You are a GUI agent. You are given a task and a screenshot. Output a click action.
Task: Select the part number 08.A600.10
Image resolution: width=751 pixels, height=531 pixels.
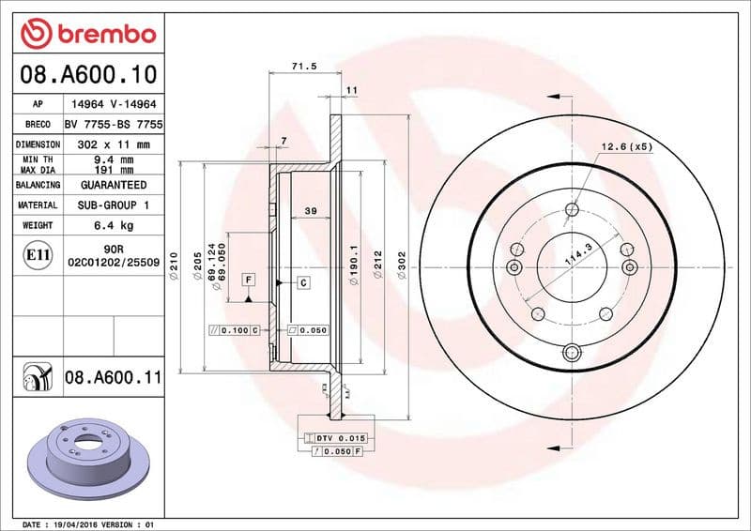tap(85, 73)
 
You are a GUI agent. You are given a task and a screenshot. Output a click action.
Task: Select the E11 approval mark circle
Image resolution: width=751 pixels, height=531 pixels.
tap(37, 254)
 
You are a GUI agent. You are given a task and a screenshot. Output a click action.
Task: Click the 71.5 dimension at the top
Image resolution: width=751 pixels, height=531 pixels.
tap(302, 67)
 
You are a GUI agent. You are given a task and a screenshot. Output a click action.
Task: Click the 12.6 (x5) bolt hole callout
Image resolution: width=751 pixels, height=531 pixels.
tap(626, 146)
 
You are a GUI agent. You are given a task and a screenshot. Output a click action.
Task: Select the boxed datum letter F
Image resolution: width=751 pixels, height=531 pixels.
tap(249, 280)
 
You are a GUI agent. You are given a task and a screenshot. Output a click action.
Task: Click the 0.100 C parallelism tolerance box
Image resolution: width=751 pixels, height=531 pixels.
tap(234, 330)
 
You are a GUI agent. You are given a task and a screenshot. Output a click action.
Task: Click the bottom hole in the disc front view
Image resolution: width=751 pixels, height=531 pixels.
tap(570, 354)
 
